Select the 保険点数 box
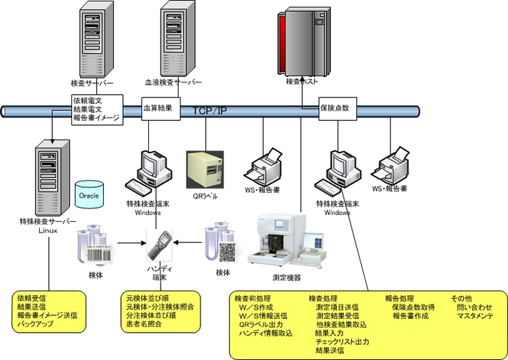click(x=336, y=109)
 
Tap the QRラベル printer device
click(x=205, y=164)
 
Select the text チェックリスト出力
click(x=342, y=341)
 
